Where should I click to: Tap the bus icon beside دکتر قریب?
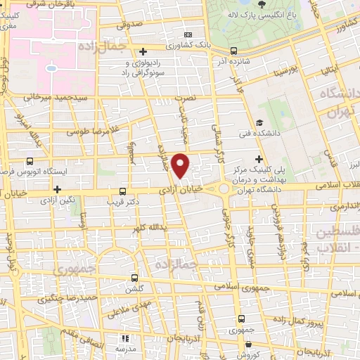point(124,191)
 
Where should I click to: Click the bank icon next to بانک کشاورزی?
point(188,35)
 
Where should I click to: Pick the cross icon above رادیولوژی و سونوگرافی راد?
point(143,51)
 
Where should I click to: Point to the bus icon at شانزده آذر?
point(233,50)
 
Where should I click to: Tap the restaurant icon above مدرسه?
point(126,337)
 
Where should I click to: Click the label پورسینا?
point(289,71)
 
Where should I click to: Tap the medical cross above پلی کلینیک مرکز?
point(260,159)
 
